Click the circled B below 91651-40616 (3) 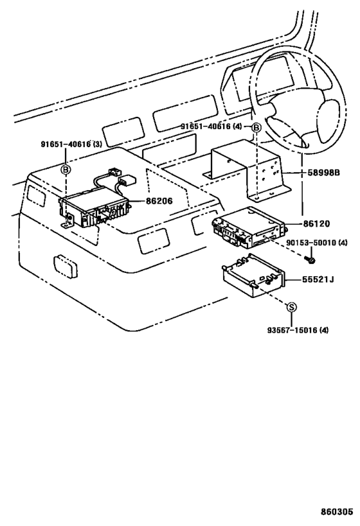pos(66,169)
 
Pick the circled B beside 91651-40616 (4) pos(256,128)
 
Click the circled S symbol pos(291,308)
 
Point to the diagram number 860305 pos(337,513)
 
